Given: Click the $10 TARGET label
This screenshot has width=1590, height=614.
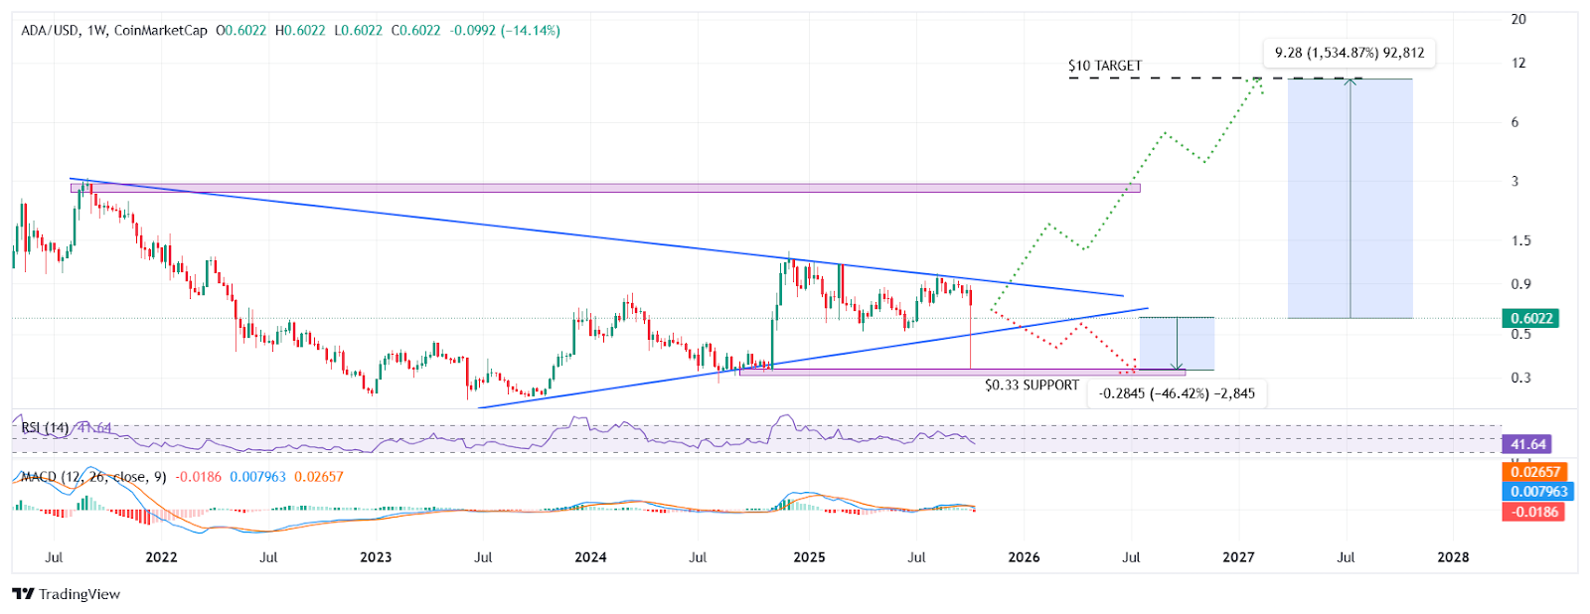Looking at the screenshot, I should (x=1104, y=66).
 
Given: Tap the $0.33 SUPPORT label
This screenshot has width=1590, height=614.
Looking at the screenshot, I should (x=1032, y=385).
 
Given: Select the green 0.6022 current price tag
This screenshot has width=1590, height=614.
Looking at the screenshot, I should (x=1531, y=319).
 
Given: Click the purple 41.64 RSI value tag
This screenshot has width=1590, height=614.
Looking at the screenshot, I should (x=1528, y=444).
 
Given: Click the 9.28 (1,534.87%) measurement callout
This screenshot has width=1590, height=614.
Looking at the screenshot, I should (x=1350, y=53).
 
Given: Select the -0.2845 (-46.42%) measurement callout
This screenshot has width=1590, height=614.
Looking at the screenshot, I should (x=1177, y=393).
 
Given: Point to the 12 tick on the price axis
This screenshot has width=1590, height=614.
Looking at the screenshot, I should (x=1517, y=64).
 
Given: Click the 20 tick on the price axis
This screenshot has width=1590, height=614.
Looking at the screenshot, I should (x=1517, y=20).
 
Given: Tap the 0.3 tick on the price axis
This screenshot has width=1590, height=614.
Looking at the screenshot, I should (x=1520, y=378).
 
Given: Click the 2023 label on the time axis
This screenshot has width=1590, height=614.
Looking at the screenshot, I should (x=376, y=557).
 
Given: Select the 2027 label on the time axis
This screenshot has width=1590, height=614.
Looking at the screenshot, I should (x=1238, y=557).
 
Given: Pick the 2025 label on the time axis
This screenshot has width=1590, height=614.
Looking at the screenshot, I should (x=809, y=557).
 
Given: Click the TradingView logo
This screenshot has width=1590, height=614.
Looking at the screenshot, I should (x=67, y=594).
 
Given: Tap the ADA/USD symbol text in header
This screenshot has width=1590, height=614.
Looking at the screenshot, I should (x=50, y=31).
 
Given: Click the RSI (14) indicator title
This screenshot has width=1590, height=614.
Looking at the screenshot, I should (x=45, y=428).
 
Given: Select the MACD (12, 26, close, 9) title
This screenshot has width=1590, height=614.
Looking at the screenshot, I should (x=93, y=477).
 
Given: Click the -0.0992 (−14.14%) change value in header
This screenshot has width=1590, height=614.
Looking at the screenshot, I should (x=505, y=31).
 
